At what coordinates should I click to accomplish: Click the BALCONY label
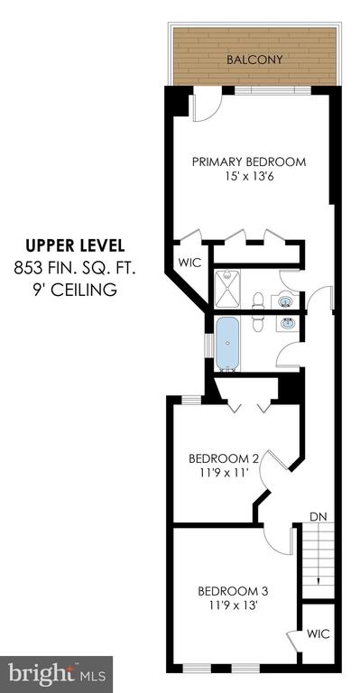(254, 60)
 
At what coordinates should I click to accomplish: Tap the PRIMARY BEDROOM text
(249, 162)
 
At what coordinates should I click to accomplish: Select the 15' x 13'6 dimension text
(249, 176)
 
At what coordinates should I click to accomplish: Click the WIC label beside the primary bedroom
(190, 263)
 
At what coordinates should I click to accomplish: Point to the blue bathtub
(228, 343)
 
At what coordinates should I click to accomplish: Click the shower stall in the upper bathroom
(227, 289)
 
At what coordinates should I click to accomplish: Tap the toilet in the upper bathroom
(257, 300)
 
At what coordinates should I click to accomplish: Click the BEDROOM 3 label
(233, 591)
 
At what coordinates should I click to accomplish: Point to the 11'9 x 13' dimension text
(233, 605)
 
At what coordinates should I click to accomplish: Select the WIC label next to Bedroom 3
(318, 633)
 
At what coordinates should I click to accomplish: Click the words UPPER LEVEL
(75, 245)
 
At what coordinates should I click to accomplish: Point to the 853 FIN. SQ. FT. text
(75, 268)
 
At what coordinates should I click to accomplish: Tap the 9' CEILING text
(75, 291)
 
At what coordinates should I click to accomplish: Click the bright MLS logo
(57, 674)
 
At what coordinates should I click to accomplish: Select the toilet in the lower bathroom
(257, 324)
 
